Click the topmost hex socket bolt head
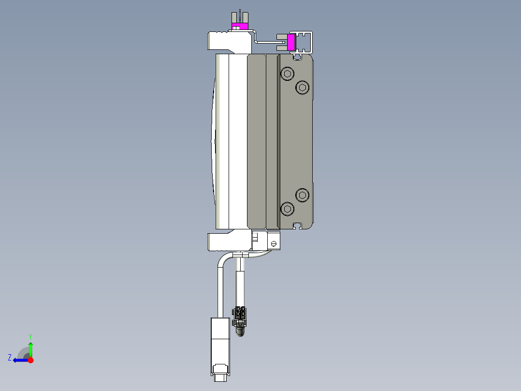pos(288,74)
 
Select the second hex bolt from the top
pos(303,87)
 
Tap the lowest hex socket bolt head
pos(288,209)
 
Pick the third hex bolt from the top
pos(303,195)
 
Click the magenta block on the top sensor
pos(239,26)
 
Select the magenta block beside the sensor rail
pos(291,43)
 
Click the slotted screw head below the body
pos(274,244)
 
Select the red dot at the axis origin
pos(30,360)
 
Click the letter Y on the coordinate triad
pos(30,336)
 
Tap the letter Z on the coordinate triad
pos(10,358)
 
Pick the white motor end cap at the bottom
pos(228,241)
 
